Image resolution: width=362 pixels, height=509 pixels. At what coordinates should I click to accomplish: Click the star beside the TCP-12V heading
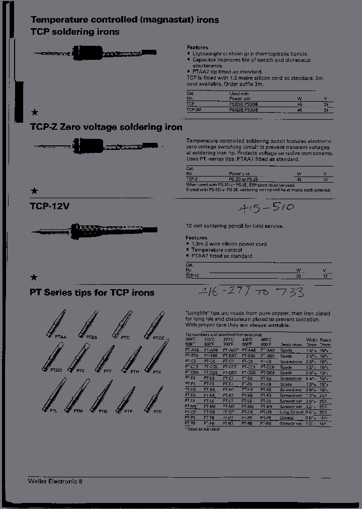pyautogui.click(x=34, y=277)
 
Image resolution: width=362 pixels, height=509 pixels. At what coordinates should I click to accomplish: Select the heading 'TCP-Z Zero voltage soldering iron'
pyautogui.click(x=107, y=127)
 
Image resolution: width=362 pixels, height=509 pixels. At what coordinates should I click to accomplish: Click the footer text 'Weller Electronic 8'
pyautogui.click(x=55, y=481)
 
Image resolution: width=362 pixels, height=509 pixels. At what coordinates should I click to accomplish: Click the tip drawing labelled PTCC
pyautogui.click(x=154, y=324)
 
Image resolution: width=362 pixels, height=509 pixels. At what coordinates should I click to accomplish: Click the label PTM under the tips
pyautogui.click(x=78, y=411)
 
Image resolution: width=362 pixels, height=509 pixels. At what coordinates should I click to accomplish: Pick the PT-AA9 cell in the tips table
pyautogui.click(x=268, y=350)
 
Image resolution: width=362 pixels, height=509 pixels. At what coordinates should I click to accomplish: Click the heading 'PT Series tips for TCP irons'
pyautogui.click(x=92, y=292)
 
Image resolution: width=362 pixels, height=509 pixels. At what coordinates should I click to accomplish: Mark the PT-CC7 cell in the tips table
pyautogui.click(x=230, y=367)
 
